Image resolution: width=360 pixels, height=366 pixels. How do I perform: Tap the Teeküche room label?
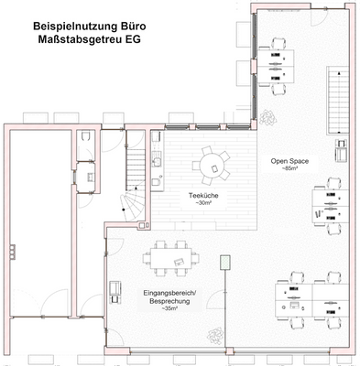pyautogui.click(x=202, y=195)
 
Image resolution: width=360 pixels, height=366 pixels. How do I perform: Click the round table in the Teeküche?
pyautogui.click(x=213, y=166)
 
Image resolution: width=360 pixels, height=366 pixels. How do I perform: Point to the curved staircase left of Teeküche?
pyautogui.click(x=135, y=206)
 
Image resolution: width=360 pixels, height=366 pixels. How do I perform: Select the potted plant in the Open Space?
pyautogui.click(x=267, y=117)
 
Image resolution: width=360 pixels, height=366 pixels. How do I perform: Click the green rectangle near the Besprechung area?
pyautogui.click(x=225, y=264)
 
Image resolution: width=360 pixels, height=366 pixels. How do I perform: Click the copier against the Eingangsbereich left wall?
pyautogui.click(x=115, y=291)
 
